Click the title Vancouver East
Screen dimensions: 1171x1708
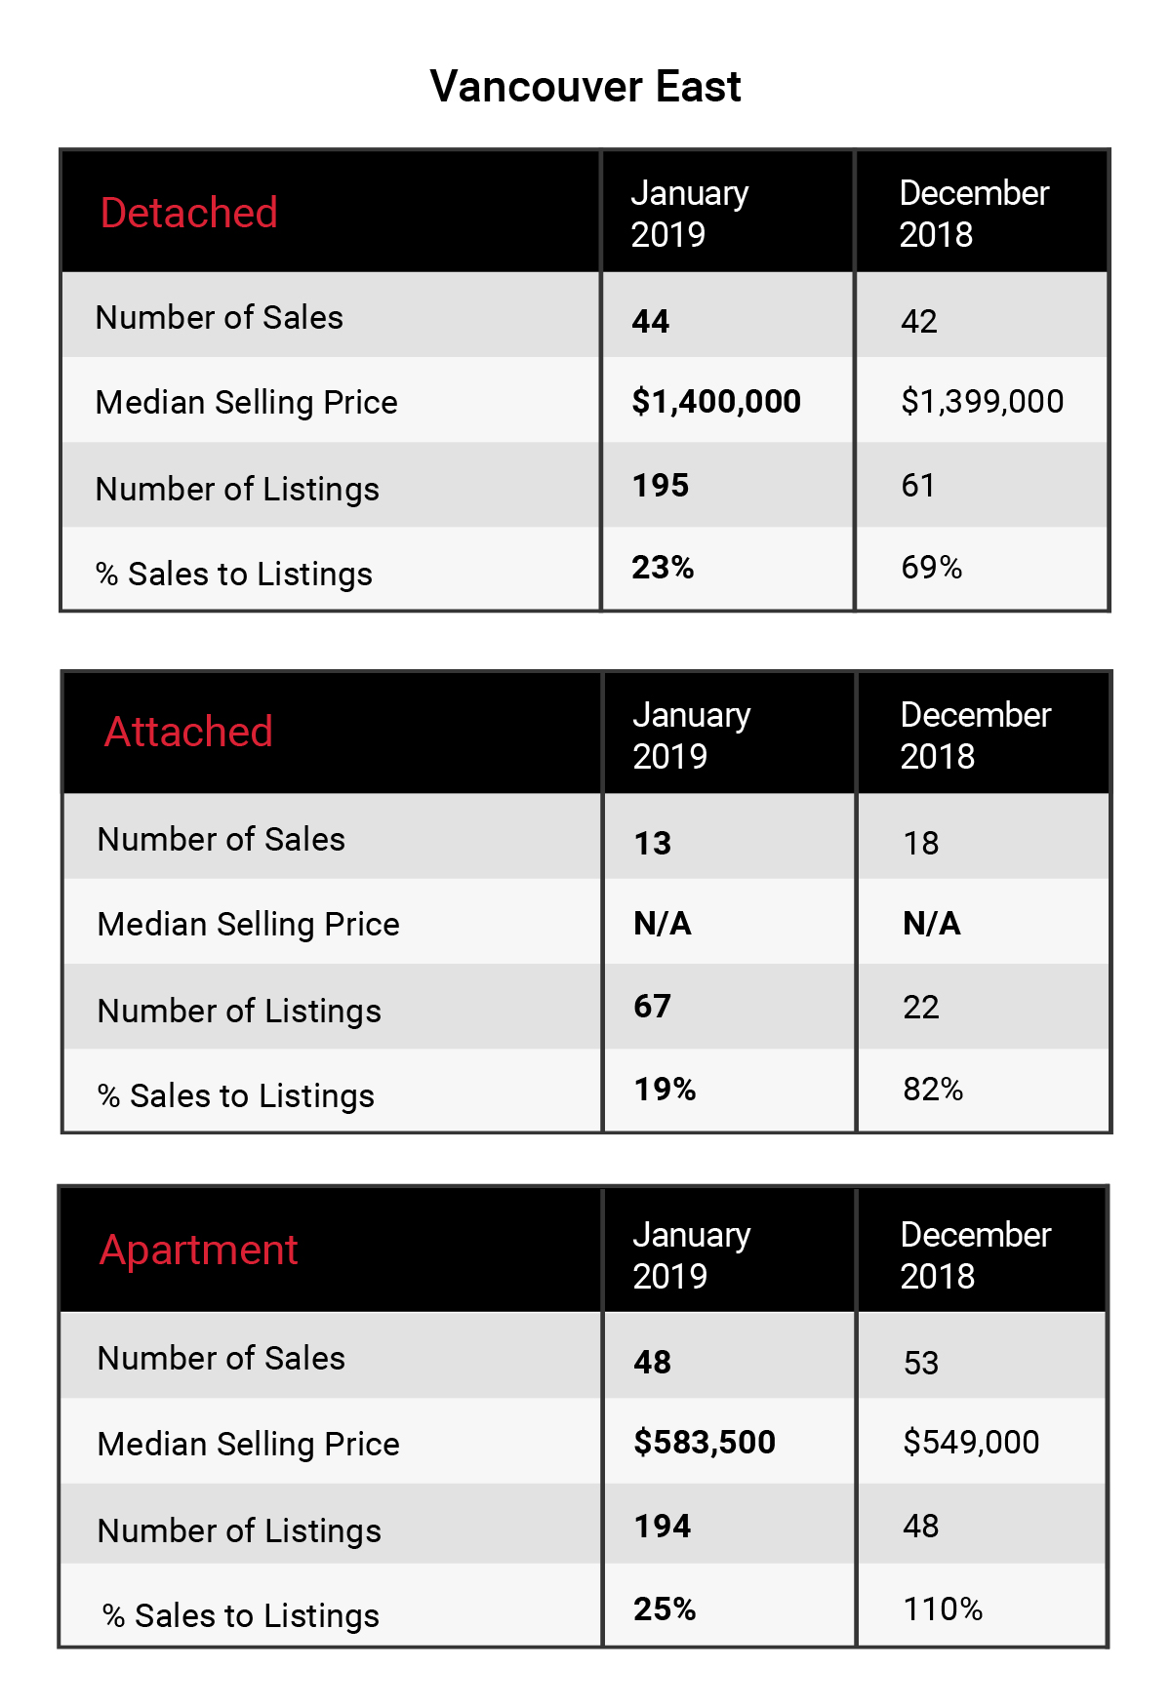[x=585, y=87]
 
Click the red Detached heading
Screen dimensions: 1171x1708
[x=189, y=213]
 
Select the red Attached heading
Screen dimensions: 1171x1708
[x=188, y=732]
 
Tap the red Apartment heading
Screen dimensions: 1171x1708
[x=198, y=1251]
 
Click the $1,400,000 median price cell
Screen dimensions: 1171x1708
[x=716, y=401]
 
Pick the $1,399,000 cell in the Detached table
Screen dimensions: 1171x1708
[x=983, y=401]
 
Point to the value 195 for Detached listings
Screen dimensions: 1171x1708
[x=661, y=485]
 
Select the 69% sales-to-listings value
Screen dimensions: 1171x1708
[x=932, y=567]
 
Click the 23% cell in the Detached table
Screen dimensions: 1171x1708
[x=663, y=567]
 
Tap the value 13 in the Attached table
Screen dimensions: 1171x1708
[x=653, y=843]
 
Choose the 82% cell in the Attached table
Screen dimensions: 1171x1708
[x=933, y=1089]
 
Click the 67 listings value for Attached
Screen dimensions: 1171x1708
[x=653, y=1006]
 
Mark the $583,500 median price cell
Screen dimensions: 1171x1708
[x=705, y=1442]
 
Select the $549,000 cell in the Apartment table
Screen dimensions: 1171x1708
[x=971, y=1442]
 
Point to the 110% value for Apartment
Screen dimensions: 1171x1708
[x=943, y=1609]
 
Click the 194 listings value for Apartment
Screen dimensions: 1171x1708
[x=663, y=1526]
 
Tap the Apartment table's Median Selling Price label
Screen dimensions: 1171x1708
[x=249, y=1444]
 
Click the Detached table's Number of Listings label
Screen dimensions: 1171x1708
[x=237, y=489]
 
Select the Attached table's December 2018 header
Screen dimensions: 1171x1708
[x=976, y=735]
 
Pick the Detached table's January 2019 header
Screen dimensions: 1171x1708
[x=690, y=214]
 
